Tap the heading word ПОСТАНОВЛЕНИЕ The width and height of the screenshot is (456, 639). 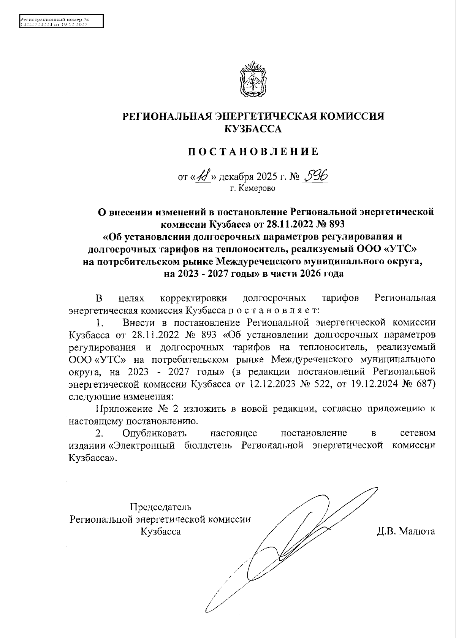253,152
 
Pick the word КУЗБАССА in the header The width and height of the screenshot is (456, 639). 253,129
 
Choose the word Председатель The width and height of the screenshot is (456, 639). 161,507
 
